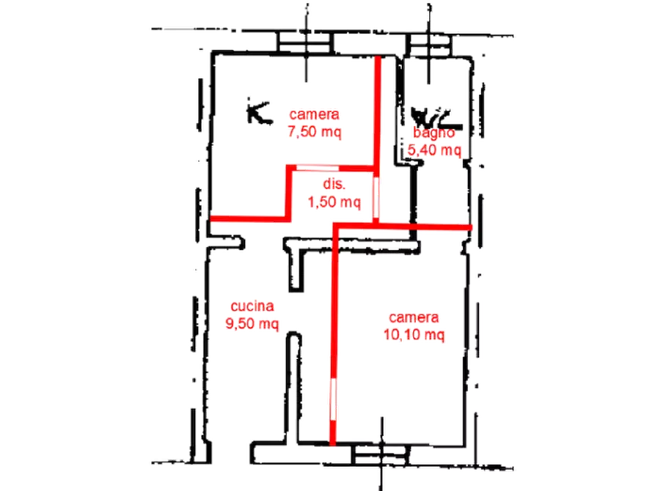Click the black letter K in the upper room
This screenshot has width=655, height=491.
(259, 112)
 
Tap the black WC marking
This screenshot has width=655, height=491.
(436, 119)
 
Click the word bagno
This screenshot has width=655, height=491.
(434, 133)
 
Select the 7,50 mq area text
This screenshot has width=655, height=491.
(314, 132)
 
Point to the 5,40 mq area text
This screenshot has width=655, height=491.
(434, 149)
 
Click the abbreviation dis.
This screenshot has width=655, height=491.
(334, 184)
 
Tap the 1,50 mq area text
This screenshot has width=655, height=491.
(334, 202)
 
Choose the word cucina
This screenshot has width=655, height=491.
(252, 306)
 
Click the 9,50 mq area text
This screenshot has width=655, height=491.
(252, 324)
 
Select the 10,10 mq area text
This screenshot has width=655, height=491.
(414, 335)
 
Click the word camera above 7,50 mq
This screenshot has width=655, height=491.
(314, 114)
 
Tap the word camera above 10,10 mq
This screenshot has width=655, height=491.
(414, 317)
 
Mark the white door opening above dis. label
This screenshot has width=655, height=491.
(318, 168)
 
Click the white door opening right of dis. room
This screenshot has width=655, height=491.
(376, 197)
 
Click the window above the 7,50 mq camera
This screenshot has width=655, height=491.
(305, 43)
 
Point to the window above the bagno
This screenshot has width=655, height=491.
(429, 45)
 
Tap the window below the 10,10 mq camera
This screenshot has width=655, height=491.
(381, 454)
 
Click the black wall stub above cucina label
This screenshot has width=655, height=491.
(296, 264)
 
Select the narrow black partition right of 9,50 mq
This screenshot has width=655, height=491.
(294, 388)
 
